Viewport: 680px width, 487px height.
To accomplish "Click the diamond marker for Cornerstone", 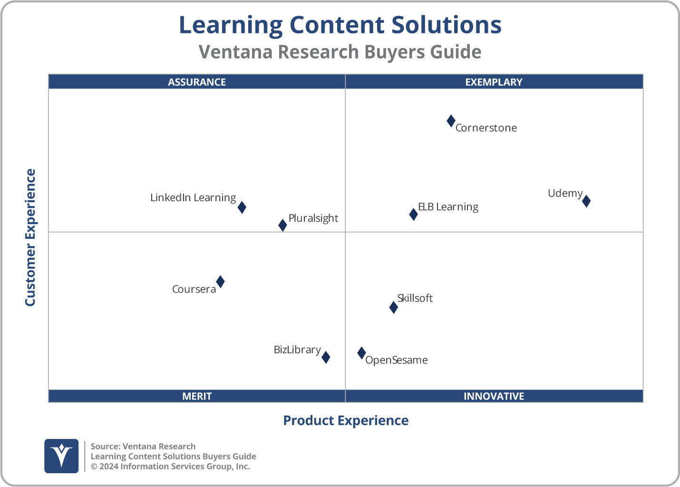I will [451, 121].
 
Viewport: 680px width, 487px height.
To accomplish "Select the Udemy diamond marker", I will [586, 201].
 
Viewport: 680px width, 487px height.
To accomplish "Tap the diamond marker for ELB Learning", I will [413, 214].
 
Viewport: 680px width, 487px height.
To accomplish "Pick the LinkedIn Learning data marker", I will [242, 207].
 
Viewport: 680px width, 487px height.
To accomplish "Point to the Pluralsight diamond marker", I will [282, 225].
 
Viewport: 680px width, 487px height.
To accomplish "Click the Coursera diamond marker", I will [220, 282].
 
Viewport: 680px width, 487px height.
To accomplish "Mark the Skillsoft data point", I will [393, 307].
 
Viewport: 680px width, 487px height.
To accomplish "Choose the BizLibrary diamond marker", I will [326, 357].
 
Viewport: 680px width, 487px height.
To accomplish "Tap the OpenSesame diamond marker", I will [361, 353].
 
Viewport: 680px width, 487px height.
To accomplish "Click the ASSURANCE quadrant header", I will [197, 82].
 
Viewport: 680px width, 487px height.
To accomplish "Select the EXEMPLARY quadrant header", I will [494, 82].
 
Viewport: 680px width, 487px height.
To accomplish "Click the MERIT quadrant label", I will [197, 396].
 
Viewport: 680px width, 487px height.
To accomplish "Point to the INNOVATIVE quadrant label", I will [494, 396].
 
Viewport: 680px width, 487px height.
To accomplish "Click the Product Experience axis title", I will [346, 420].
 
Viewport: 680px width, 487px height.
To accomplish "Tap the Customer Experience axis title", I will [30, 238].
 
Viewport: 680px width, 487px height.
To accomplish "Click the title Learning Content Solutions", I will [340, 25].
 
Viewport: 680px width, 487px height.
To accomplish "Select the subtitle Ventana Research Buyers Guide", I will [340, 52].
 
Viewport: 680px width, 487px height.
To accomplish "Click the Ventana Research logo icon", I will [61, 456].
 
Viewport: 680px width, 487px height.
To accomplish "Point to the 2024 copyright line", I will [170, 467].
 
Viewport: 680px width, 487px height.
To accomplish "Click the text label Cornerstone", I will [486, 128].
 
